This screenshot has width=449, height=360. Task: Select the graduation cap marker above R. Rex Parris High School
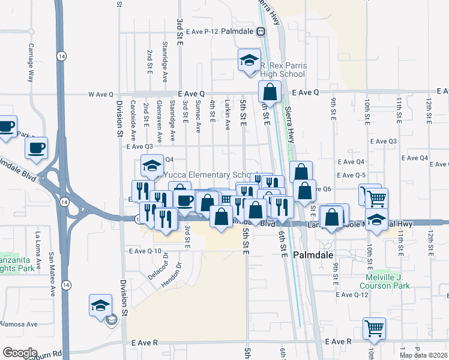click(x=249, y=61)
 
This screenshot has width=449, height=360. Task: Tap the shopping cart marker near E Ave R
click(x=374, y=328)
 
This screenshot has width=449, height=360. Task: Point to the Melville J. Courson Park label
click(x=388, y=282)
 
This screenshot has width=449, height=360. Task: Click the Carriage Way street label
click(x=31, y=62)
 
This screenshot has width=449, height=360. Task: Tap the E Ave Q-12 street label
click(x=352, y=295)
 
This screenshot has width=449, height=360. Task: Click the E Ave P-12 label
click(x=203, y=31)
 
